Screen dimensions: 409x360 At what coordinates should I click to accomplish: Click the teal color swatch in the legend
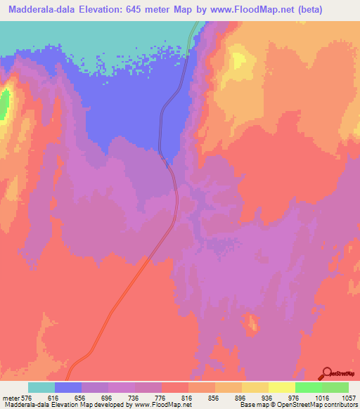pyautogui.click(x=41, y=387)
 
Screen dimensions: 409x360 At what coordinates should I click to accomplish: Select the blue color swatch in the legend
pyautogui.click(x=68, y=387)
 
